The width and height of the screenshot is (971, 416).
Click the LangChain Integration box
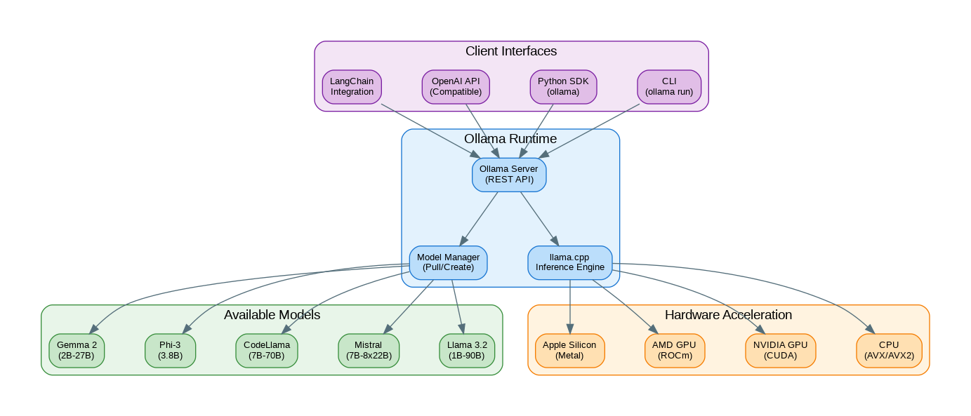(x=352, y=87)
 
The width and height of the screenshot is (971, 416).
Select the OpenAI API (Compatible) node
(x=456, y=87)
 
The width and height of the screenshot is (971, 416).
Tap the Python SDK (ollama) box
(x=563, y=87)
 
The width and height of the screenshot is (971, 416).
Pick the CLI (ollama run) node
(x=669, y=87)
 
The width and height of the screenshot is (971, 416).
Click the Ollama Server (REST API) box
(x=509, y=175)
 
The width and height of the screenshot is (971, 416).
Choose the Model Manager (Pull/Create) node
(x=448, y=262)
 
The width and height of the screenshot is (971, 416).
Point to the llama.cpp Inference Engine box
(x=569, y=262)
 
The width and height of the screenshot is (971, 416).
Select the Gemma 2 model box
(x=77, y=350)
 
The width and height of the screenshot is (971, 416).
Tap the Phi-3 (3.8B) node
(x=170, y=350)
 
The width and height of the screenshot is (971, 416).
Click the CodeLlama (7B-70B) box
(x=266, y=350)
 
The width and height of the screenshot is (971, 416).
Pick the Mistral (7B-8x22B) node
(x=369, y=350)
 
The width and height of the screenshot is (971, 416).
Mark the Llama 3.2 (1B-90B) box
(x=467, y=350)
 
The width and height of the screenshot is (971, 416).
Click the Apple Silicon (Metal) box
(x=569, y=350)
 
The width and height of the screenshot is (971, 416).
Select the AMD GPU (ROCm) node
(x=674, y=350)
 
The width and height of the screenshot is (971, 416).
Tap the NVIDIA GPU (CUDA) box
(x=780, y=350)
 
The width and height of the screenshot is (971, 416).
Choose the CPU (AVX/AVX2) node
(x=888, y=350)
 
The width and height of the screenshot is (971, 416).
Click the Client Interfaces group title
(x=511, y=51)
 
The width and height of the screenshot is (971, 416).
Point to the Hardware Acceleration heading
(x=728, y=315)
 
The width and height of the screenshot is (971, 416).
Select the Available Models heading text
(x=272, y=315)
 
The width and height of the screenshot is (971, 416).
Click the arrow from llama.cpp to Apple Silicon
(x=569, y=305)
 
